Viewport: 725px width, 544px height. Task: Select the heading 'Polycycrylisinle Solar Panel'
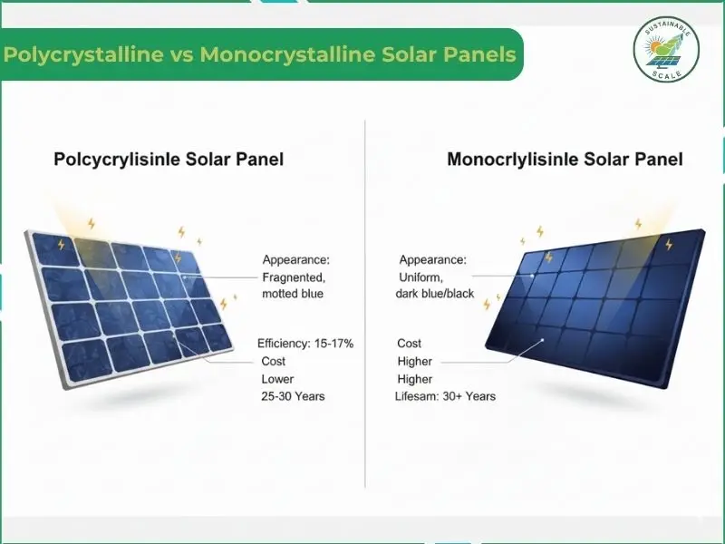169,160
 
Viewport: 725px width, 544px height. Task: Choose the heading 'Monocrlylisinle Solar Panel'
565,160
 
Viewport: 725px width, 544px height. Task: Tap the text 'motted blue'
294,294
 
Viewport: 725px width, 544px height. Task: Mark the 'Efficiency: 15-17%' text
305,344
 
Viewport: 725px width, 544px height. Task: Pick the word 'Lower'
277,379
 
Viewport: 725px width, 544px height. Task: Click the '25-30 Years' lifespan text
293,396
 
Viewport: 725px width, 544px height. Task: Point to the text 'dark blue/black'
435,294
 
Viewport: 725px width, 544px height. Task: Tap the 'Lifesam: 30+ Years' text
445,396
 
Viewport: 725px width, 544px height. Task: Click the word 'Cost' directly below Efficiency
274,362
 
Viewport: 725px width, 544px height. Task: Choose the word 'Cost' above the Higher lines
410,344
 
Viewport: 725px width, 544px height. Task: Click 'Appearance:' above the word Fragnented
296,259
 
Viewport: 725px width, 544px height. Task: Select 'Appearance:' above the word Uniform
433,259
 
